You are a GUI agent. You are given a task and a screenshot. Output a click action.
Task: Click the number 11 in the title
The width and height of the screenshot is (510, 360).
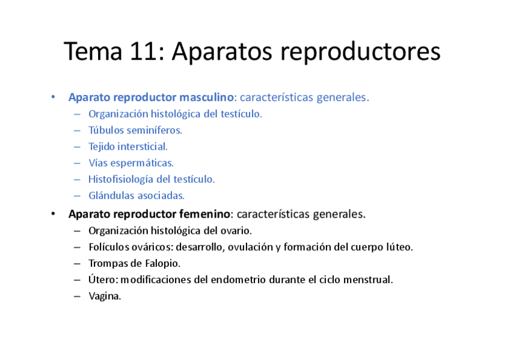[143, 51]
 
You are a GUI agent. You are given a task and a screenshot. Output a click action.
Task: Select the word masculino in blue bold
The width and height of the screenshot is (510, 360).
[206, 97]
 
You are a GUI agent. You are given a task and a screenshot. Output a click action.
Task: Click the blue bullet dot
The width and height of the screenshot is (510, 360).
[53, 97]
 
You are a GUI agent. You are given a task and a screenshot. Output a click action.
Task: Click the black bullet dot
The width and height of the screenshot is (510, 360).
[53, 214]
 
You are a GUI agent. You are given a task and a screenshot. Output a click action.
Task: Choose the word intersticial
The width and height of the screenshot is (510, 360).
[143, 147]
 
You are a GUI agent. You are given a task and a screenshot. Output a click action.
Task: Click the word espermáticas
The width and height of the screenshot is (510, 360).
[142, 163]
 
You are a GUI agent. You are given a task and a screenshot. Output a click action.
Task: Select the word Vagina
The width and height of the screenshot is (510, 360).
[105, 296]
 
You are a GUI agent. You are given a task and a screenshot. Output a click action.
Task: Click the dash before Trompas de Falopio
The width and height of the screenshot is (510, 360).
[77, 263]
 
